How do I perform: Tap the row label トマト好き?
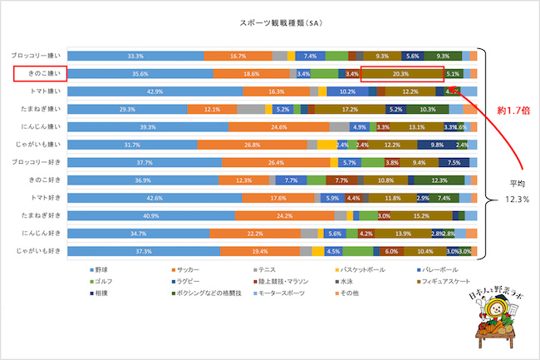(x=39, y=198)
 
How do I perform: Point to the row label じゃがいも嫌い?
(x=34, y=145)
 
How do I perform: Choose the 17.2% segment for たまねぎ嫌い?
(x=350, y=109)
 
